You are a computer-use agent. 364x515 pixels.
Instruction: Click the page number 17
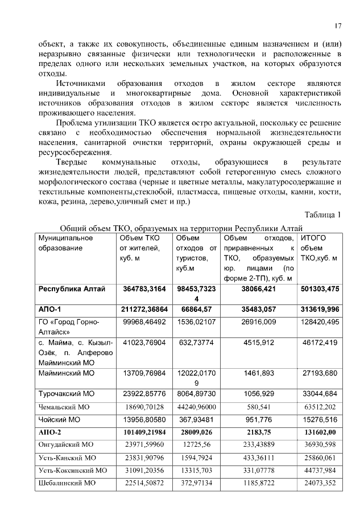[338, 26]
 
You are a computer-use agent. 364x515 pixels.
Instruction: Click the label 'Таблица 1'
[323, 215]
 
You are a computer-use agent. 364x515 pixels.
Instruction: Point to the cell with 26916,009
[258, 322]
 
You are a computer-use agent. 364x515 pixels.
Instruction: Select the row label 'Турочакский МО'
[66, 393]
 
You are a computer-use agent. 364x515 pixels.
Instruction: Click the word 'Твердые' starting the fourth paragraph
[73, 162]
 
